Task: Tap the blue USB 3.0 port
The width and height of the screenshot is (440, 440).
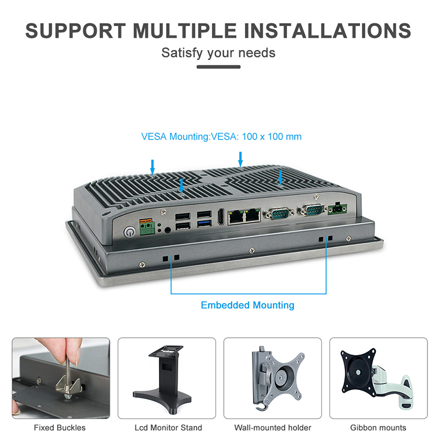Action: pos(203,224)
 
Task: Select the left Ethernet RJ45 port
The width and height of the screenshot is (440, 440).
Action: pos(237,216)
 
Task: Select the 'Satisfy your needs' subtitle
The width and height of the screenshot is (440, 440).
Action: pos(218,53)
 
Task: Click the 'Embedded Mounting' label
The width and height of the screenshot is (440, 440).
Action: pos(248,305)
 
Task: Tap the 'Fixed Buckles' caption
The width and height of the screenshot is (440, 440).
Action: pos(60,427)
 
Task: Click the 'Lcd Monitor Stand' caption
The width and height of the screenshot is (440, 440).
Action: pos(168,427)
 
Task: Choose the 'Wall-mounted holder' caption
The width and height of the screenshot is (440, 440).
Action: pos(273,427)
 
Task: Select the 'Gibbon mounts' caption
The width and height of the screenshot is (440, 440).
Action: pos(378,427)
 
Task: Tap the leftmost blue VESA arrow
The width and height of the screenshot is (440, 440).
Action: pos(152,165)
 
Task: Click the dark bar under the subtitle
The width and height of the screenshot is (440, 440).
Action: pos(218,67)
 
